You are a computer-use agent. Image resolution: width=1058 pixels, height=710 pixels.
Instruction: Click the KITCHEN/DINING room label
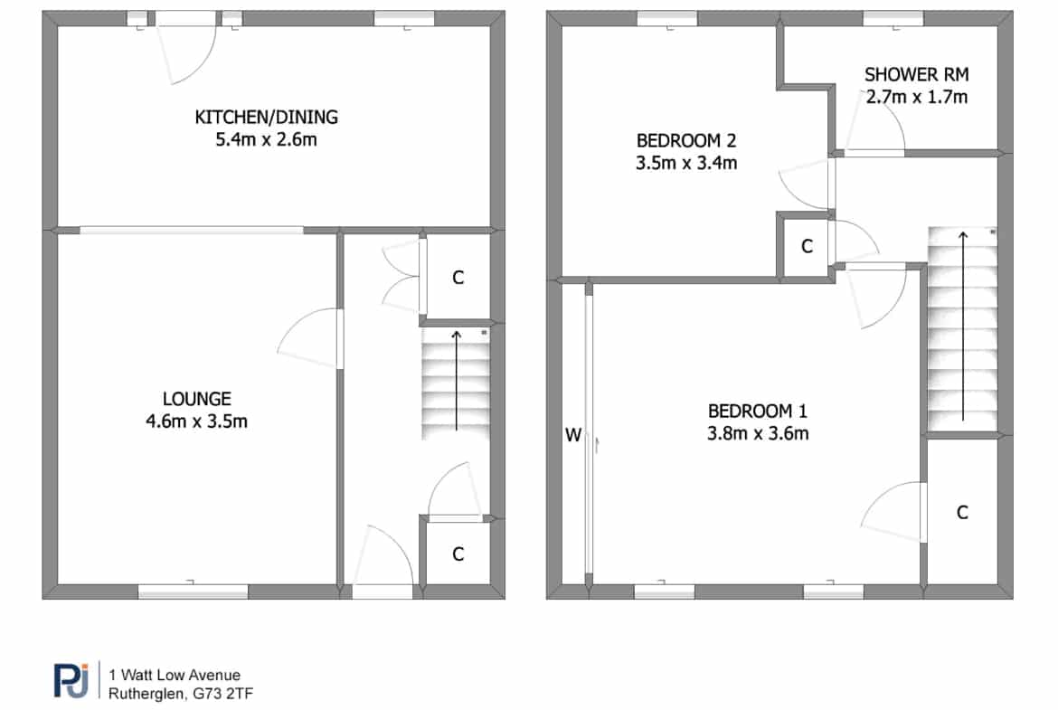[267, 118]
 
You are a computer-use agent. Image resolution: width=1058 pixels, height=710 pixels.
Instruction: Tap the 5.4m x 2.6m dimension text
[267, 139]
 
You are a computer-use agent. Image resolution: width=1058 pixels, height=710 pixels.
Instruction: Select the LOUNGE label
[197, 399]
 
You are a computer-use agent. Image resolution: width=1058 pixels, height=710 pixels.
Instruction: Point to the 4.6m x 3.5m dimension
[197, 421]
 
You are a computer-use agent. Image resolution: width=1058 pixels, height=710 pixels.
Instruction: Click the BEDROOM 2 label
[686, 140]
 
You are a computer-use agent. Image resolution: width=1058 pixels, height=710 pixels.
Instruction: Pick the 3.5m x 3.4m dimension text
[686, 163]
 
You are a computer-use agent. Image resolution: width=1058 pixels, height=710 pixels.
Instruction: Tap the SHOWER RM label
[917, 74]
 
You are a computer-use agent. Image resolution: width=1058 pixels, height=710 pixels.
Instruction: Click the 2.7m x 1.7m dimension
[917, 97]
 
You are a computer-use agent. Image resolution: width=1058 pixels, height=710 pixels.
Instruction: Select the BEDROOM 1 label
[758, 411]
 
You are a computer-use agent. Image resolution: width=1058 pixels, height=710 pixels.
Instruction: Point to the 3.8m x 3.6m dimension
[758, 433]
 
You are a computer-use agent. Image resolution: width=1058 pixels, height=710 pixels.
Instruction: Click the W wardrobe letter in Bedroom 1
[573, 435]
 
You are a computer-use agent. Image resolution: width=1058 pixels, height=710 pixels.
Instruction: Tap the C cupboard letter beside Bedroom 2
[807, 246]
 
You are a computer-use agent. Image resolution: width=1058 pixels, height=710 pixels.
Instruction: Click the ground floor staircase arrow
[457, 381]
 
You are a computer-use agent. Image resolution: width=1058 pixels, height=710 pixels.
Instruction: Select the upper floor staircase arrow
[963, 326]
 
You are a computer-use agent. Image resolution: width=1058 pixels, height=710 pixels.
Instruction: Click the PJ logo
[71, 679]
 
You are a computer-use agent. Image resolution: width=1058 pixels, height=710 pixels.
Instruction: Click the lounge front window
[193, 592]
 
